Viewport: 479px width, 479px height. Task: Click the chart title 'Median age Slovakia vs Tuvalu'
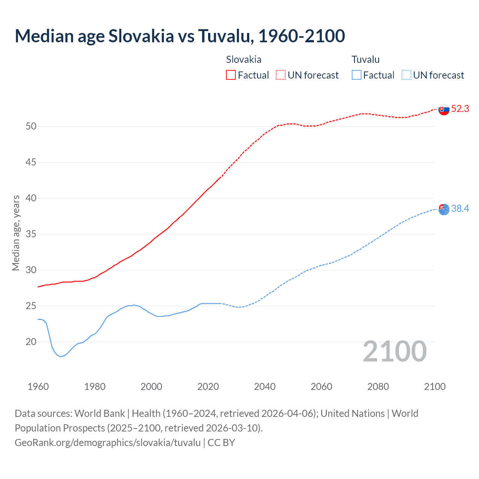click(x=180, y=36)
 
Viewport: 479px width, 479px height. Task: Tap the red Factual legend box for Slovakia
click(x=231, y=75)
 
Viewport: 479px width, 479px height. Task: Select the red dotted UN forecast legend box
click(x=281, y=75)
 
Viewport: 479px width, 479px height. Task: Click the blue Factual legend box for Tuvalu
click(x=356, y=75)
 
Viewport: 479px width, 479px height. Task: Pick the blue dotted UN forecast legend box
click(x=406, y=75)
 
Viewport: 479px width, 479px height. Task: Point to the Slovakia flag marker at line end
click(x=444, y=110)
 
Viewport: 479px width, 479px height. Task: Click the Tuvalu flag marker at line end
click(x=444, y=209)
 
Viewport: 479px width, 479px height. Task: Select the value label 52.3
click(x=460, y=109)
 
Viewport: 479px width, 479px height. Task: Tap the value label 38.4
click(x=460, y=208)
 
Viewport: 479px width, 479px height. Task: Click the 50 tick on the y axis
click(x=31, y=126)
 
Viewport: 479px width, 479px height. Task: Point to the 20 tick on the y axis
click(x=31, y=342)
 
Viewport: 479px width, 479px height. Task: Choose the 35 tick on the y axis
click(x=31, y=234)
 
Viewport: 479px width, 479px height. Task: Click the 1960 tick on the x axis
click(x=38, y=387)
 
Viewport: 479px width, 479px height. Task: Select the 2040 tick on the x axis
click(x=265, y=387)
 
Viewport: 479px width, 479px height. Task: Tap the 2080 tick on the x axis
click(x=378, y=387)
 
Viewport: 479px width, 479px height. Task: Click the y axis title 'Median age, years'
click(x=16, y=233)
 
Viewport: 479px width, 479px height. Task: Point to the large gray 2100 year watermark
click(x=394, y=351)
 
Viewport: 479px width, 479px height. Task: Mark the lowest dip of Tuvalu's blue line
click(x=61, y=357)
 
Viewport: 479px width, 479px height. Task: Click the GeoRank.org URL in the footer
click(x=108, y=442)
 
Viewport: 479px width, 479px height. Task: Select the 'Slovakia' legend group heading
click(x=244, y=60)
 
